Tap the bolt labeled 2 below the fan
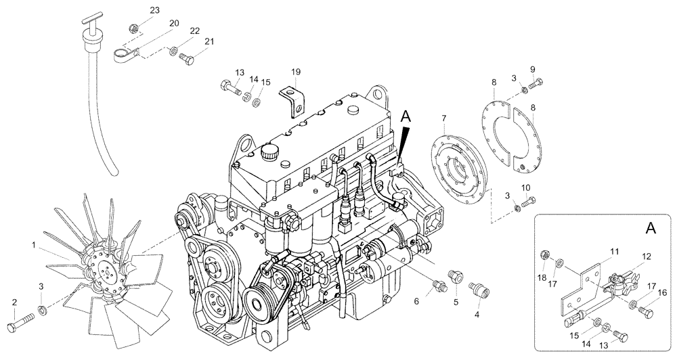pyautogui.click(x=20, y=323)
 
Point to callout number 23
pyautogui.click(x=155, y=10)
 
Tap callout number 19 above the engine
pyautogui.click(x=296, y=72)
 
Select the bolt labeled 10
pyautogui.click(x=529, y=200)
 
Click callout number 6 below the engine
pyautogui.click(x=416, y=301)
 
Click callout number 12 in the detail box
pyautogui.click(x=646, y=256)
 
